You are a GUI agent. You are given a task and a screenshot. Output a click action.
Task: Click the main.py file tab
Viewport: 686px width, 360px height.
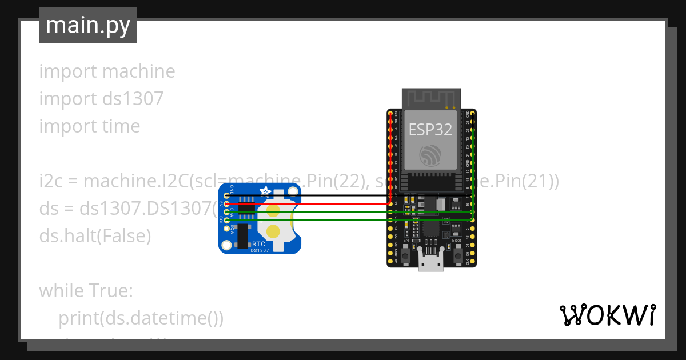click(x=87, y=25)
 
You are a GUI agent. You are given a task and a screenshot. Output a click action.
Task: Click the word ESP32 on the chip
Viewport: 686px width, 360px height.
click(x=430, y=130)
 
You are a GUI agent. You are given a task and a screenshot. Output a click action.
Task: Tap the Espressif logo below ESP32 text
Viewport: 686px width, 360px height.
click(x=430, y=155)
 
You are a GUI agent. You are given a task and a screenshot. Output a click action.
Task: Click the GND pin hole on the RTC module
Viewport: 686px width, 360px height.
click(x=227, y=195)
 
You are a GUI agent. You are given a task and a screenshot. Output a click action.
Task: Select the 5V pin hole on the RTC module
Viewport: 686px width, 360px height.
click(x=227, y=204)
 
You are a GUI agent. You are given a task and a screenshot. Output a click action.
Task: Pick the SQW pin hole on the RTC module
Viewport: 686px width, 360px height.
click(x=227, y=228)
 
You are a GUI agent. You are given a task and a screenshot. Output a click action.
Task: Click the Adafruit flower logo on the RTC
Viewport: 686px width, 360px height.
click(x=265, y=193)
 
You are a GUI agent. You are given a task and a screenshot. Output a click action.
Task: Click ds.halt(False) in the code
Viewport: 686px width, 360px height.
click(x=95, y=235)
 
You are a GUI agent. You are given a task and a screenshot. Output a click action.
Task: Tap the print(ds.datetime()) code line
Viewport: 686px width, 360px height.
click(x=141, y=318)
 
